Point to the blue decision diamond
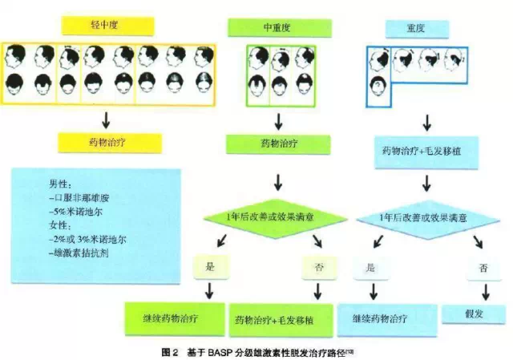tap(424, 216)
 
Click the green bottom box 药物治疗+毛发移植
tap(281, 318)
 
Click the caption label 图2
tap(170, 351)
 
